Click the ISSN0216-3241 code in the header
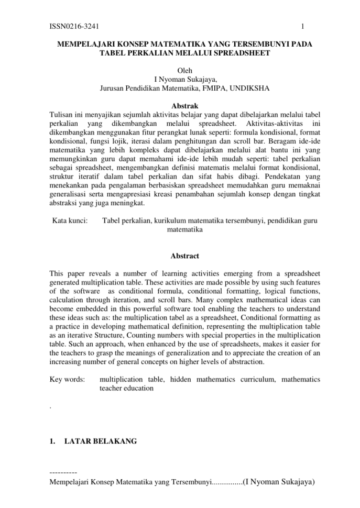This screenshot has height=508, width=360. coord(74,26)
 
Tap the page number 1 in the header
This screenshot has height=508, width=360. coord(303,26)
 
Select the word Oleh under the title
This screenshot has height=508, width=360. coord(185,71)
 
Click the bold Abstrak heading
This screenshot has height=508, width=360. coord(184,106)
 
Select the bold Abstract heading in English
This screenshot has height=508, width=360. coord(184,256)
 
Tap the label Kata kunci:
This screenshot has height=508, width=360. coord(70,221)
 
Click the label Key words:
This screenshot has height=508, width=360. coord(67,379)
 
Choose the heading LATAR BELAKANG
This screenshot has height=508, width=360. coord(100,441)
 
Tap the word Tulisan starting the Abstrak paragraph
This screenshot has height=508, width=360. coord(61,114)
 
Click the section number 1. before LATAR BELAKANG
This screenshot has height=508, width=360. coord(52,441)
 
